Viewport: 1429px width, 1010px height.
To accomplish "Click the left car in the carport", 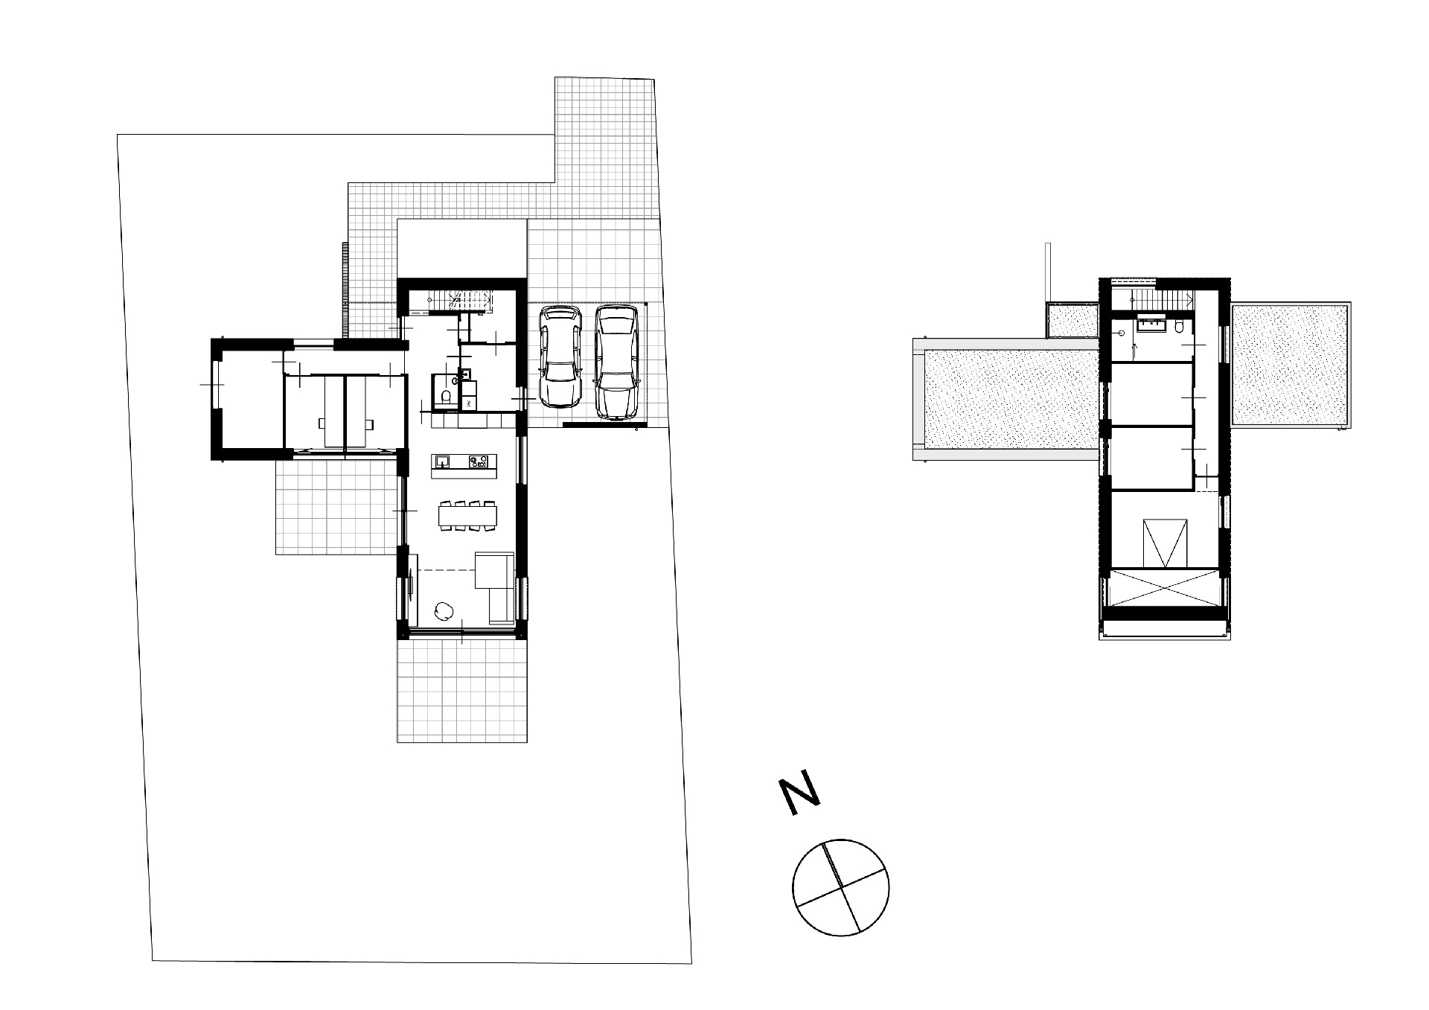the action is (560, 357).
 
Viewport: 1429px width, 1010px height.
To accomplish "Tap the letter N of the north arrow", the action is (799, 796).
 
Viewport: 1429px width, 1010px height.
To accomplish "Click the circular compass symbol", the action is (841, 886).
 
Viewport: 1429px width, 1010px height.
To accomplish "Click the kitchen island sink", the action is (443, 461).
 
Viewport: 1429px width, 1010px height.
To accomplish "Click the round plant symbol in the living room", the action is (443, 610).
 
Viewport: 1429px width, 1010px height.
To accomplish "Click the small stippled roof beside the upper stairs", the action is (1073, 320).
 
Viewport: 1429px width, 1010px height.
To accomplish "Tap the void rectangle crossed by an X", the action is (1162, 588).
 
